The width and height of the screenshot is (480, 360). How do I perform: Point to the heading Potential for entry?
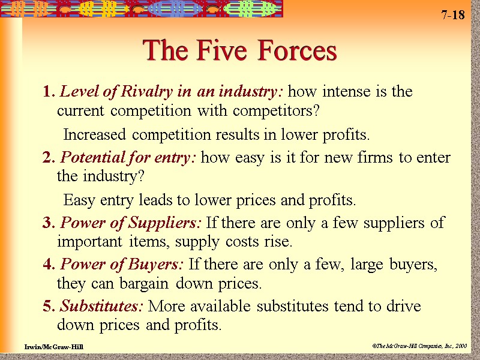[130, 158]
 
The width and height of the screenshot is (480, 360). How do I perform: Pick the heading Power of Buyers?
[123, 265]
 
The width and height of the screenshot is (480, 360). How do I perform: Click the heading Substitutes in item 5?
[101, 306]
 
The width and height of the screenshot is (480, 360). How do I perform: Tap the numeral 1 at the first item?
[47, 92]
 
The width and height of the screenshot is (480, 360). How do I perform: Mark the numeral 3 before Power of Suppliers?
[47, 223]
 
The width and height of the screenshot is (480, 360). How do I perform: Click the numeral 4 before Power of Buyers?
[48, 265]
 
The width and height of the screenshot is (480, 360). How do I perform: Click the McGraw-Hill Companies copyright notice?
[418, 347]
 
